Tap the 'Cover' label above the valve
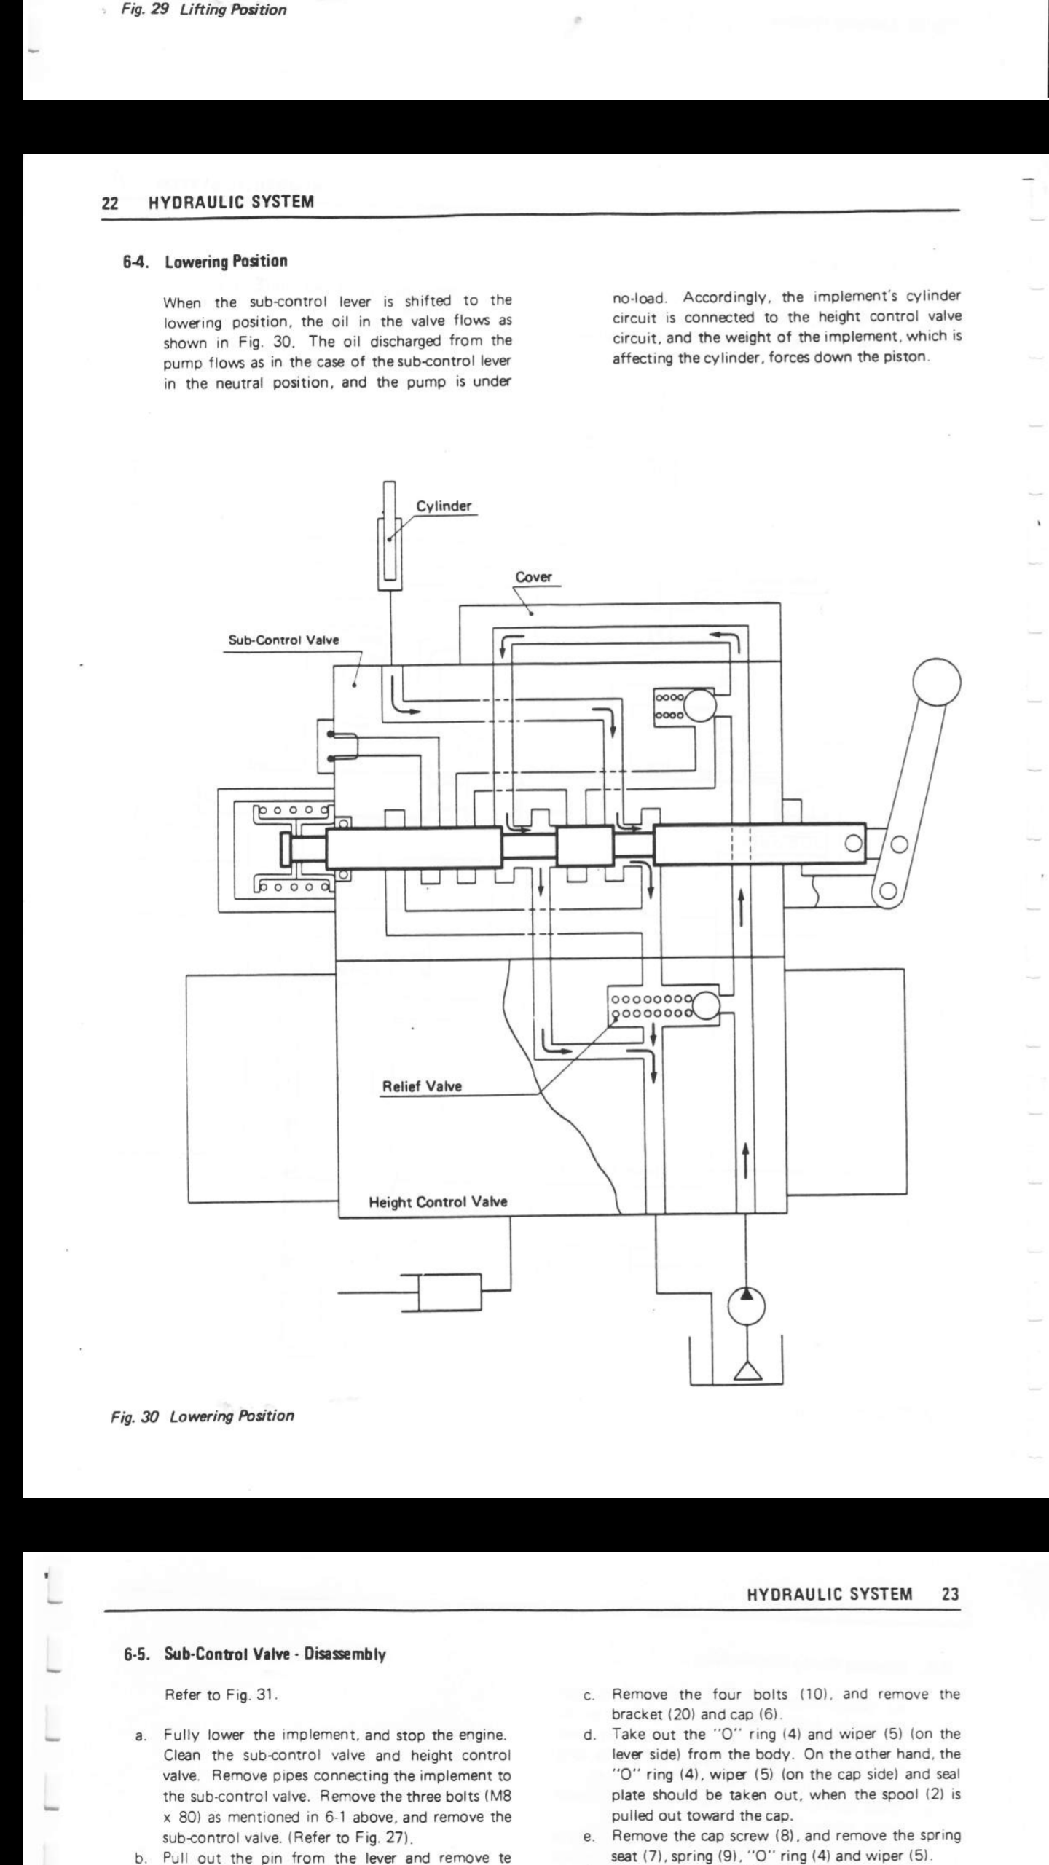(533, 577)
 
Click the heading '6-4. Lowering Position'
(205, 262)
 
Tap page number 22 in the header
(110, 203)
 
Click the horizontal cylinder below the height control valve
(449, 1294)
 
